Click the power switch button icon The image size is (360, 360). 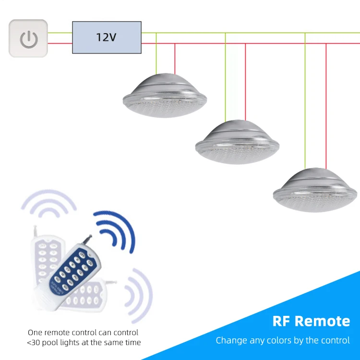click(28, 38)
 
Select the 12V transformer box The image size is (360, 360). click(107, 37)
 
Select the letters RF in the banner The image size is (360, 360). click(281, 321)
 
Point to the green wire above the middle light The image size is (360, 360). click(225, 77)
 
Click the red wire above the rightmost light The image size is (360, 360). click(326, 106)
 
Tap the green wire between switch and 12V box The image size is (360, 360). click(60, 33)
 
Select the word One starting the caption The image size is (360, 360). click(35, 332)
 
